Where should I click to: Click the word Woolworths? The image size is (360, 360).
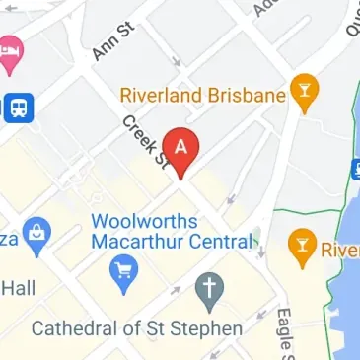click(x=140, y=220)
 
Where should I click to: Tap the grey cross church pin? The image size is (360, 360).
click(x=208, y=289)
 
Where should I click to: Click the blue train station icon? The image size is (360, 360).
click(x=18, y=108)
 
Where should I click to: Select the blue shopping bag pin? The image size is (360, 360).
click(x=37, y=234)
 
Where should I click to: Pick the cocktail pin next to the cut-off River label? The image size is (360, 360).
click(x=300, y=246)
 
